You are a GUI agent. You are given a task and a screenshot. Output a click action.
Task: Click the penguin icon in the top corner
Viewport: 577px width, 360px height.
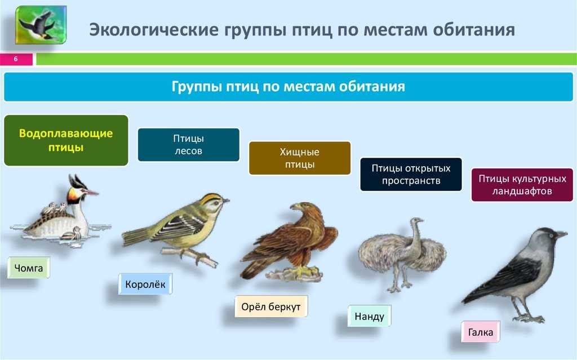pos(41,25)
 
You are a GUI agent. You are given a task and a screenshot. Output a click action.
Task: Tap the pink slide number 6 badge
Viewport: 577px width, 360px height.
pos(16,59)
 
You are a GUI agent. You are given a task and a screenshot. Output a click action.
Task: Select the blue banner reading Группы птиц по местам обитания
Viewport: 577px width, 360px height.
pos(288,87)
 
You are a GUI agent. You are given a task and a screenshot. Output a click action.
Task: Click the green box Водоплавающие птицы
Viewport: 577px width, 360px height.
pos(66,140)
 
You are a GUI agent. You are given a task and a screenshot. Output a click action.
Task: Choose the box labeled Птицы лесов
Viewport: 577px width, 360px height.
pos(189,145)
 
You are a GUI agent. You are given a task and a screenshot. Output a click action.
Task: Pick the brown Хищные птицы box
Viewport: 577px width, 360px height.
pos(300,158)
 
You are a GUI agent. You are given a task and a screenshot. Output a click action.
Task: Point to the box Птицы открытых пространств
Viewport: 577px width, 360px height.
pos(411,175)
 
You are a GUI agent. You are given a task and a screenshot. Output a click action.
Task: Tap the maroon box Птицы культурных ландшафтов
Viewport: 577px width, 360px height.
pos(522,185)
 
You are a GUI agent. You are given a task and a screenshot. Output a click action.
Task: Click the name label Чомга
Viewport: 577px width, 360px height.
pos(29,268)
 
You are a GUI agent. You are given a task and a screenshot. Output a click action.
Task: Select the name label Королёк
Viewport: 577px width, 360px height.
pos(145,284)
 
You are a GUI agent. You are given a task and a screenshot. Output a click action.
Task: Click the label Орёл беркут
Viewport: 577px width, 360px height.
pos(271,306)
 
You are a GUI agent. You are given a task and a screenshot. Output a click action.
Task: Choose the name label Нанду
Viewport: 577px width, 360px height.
pos(370,316)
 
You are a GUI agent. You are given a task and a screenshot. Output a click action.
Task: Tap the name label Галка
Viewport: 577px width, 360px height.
pos(481,332)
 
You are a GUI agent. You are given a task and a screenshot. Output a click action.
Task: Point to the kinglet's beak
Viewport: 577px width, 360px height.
pos(225,201)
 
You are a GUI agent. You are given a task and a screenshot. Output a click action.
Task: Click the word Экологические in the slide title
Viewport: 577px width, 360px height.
pos(154,29)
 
